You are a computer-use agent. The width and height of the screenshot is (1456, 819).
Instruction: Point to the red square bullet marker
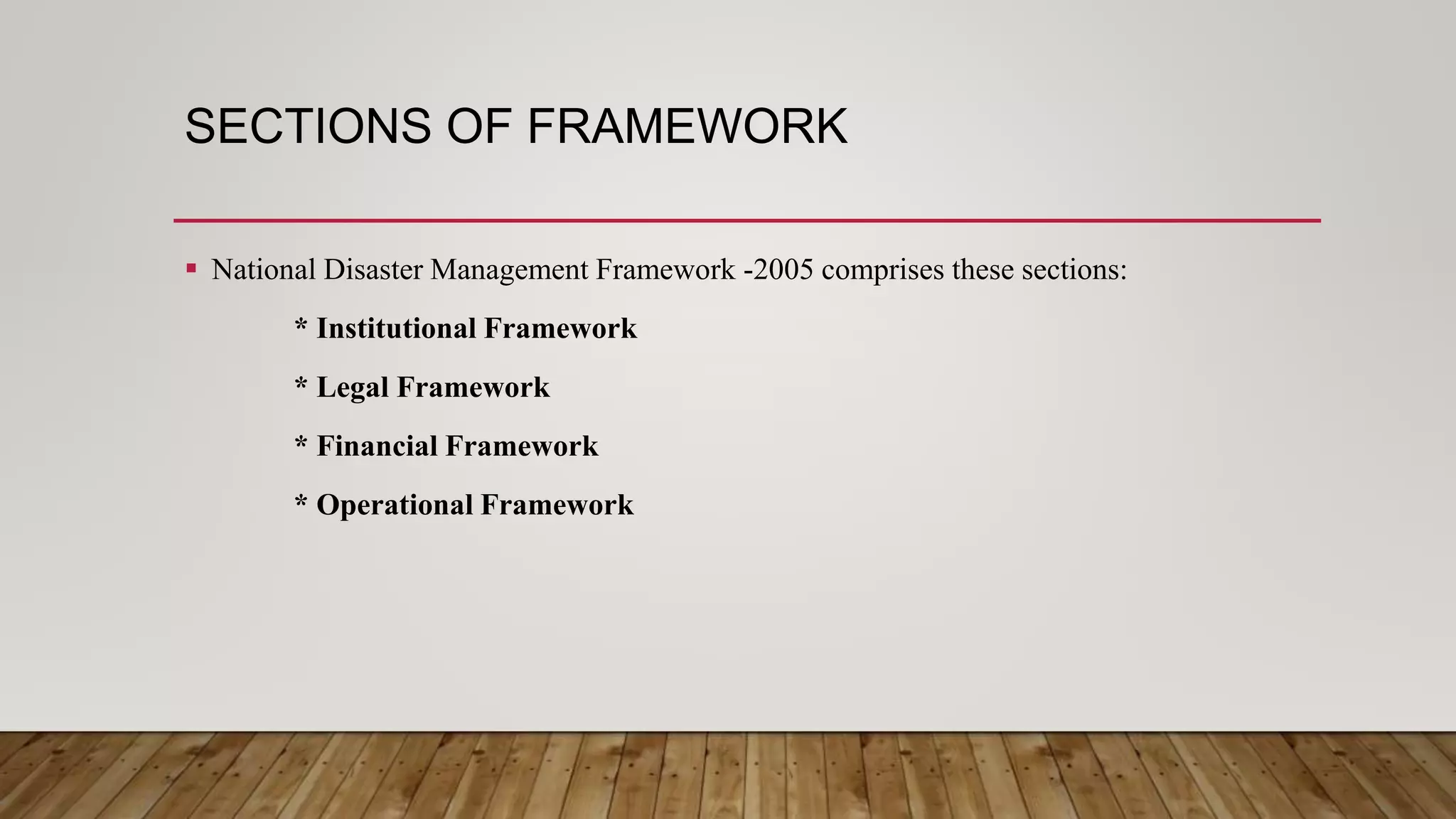pyautogui.click(x=191, y=269)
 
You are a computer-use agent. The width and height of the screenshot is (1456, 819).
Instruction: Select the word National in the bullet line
pyautogui.click(x=264, y=270)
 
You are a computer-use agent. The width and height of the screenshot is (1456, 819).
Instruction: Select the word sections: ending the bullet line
pyautogui.click(x=1074, y=270)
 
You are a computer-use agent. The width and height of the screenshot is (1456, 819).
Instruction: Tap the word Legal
pyautogui.click(x=353, y=388)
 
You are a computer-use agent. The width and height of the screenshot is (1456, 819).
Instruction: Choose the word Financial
pyautogui.click(x=378, y=446)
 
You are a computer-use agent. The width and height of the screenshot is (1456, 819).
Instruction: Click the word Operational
pyautogui.click(x=395, y=506)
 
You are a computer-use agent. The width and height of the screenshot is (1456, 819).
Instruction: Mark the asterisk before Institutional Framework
pyautogui.click(x=301, y=326)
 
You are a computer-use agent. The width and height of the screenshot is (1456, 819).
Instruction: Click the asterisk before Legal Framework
pyautogui.click(x=301, y=385)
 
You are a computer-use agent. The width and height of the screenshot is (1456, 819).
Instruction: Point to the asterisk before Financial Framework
pyautogui.click(x=301, y=444)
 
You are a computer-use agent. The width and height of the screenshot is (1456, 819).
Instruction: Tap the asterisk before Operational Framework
pyautogui.click(x=301, y=503)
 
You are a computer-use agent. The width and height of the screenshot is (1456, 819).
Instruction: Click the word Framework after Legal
pyautogui.click(x=473, y=387)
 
